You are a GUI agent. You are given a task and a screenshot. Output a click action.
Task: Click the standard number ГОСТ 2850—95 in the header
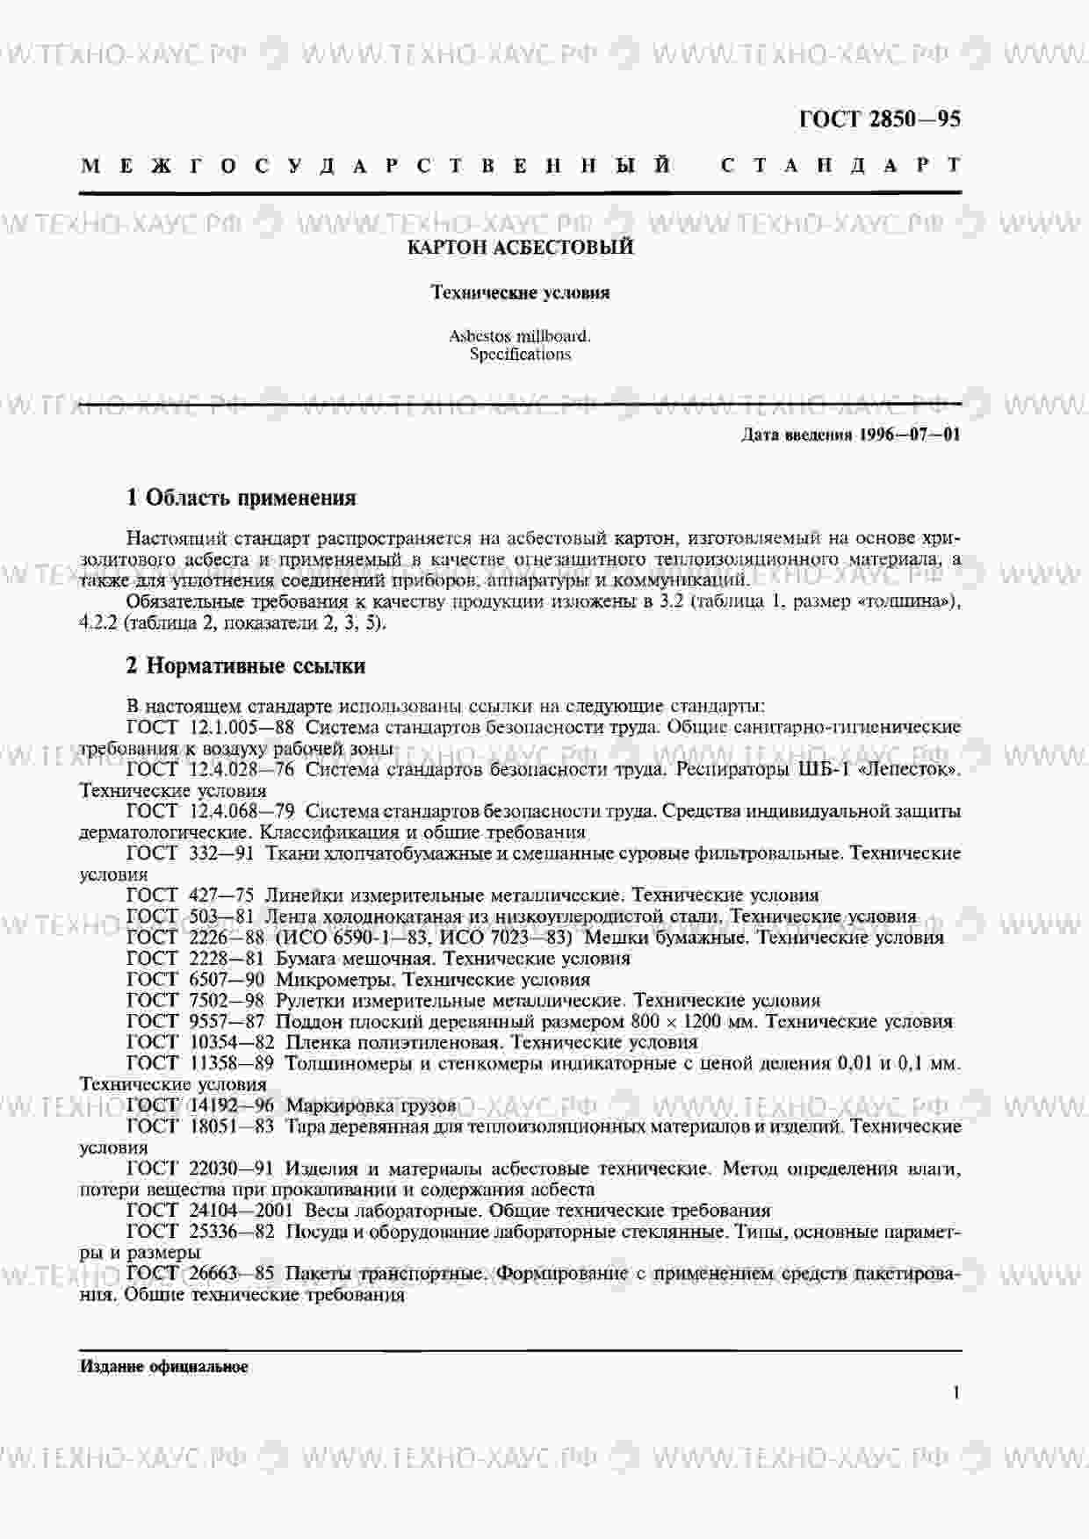coord(879,119)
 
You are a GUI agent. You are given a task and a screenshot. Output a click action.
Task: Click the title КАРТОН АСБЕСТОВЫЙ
coord(520,248)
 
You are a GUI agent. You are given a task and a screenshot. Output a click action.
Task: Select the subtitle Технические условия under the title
coord(520,292)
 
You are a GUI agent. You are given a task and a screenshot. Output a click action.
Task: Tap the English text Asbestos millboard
coord(520,335)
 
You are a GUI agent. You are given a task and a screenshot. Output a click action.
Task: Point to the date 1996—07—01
coord(909,435)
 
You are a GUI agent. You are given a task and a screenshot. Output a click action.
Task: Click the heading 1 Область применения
coord(242,498)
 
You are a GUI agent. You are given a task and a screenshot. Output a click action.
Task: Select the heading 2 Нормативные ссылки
coord(246,665)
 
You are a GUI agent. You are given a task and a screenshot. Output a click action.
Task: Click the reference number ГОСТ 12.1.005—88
coord(211,727)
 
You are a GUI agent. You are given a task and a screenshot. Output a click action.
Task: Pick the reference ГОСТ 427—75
coord(191,895)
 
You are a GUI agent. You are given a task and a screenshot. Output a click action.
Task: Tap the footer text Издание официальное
coord(164,1367)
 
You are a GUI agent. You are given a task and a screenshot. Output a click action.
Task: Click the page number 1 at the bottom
coord(956,1392)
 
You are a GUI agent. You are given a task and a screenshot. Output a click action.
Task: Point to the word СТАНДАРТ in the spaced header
coord(840,165)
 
